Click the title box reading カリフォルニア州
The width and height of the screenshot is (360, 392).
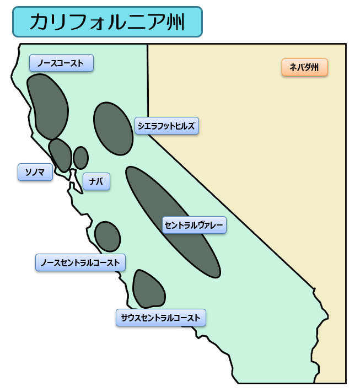108,22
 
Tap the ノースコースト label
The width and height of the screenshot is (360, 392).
61,63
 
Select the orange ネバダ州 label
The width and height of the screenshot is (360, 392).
304,67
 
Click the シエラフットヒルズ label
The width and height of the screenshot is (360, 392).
166,126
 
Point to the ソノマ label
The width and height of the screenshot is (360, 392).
35,172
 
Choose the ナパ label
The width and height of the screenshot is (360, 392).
96,181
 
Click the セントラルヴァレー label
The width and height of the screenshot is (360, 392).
195,224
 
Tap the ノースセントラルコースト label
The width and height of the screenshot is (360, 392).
80,262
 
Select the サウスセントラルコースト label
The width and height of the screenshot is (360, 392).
161,318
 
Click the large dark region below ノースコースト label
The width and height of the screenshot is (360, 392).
47,105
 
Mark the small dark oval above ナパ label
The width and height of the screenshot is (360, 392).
80,158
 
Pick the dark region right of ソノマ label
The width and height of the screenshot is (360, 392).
61,154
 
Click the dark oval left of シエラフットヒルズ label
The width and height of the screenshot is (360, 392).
113,128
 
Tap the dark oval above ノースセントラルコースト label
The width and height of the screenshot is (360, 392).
107,237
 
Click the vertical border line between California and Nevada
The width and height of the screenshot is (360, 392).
147,83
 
